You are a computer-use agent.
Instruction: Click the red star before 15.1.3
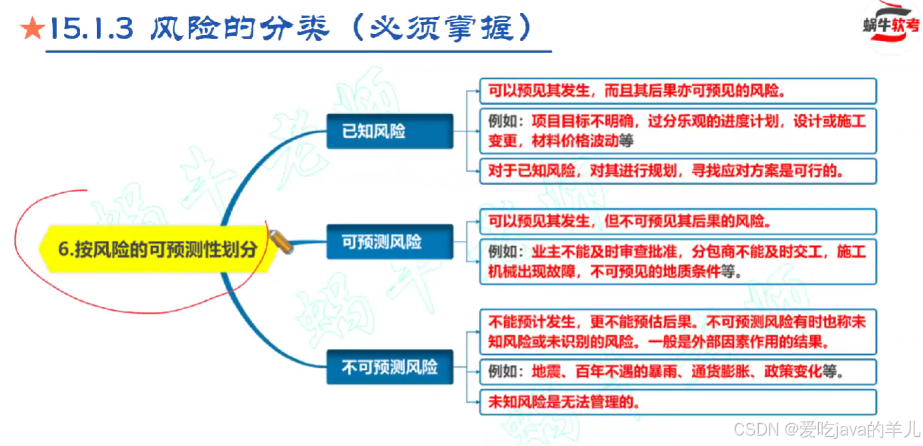point(31,29)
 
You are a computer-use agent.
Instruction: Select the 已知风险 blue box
point(390,131)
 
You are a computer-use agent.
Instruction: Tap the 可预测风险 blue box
point(390,242)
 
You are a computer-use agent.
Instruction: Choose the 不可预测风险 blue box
point(390,367)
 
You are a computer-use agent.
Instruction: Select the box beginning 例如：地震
point(677,372)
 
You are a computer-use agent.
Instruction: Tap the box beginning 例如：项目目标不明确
point(677,131)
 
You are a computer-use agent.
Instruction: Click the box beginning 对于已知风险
point(677,171)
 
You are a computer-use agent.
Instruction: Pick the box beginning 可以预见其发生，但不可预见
point(677,221)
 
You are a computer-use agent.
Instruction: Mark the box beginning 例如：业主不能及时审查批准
point(677,261)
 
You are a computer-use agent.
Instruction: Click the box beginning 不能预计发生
point(677,331)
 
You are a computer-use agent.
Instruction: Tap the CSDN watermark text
point(826,429)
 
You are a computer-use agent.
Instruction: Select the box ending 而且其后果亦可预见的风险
point(677,91)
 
